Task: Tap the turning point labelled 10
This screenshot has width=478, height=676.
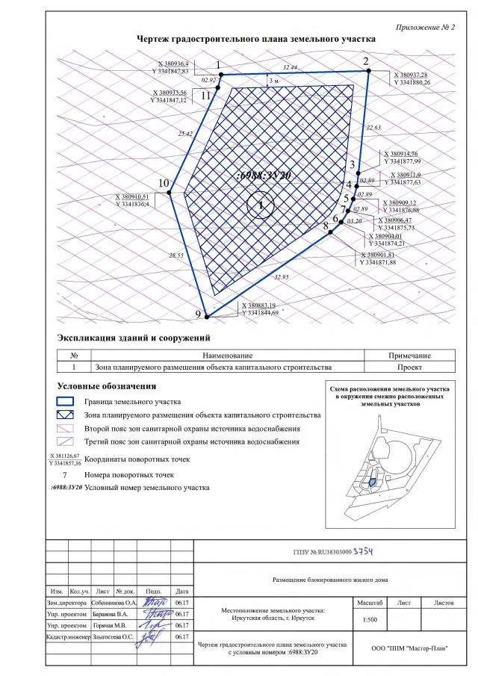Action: point(169,193)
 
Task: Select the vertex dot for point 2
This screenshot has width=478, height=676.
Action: point(368,71)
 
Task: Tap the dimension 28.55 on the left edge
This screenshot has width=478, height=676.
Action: point(176,255)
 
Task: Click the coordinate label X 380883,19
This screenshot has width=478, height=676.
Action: point(258,306)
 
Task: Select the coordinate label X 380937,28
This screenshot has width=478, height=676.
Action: point(412,75)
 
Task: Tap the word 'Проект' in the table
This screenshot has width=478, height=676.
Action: point(409,368)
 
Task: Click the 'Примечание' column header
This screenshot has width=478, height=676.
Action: point(409,356)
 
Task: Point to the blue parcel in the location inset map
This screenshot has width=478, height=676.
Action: point(372,484)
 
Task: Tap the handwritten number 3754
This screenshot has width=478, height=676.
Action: point(361,551)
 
